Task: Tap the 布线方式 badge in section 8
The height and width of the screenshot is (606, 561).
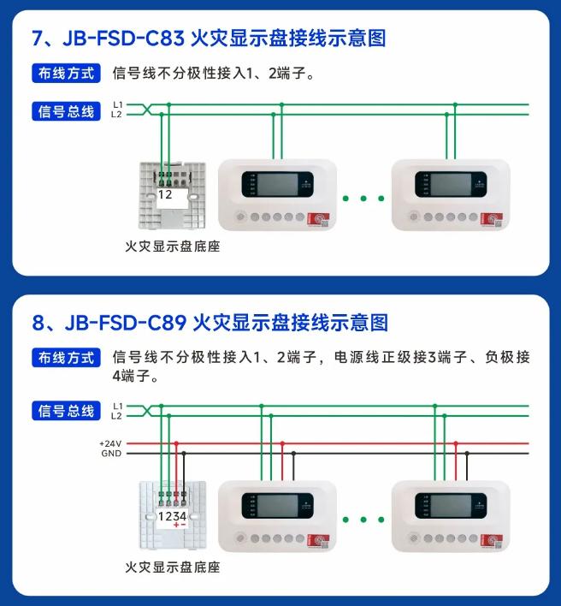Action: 65,358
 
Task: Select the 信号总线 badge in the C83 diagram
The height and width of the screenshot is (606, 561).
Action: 65,110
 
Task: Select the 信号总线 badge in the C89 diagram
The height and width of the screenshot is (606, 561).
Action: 65,411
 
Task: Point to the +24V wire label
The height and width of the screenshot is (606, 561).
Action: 111,444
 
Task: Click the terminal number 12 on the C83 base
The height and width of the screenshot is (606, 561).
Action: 165,194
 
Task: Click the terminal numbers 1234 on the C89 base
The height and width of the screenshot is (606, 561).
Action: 172,516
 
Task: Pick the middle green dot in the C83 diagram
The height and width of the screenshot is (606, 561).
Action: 363,199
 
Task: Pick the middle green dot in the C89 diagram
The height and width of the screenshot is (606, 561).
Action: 363,520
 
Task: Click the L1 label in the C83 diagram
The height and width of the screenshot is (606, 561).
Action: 117,104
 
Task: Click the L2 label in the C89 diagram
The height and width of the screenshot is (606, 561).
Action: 117,416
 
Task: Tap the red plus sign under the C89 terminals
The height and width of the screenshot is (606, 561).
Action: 176,525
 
